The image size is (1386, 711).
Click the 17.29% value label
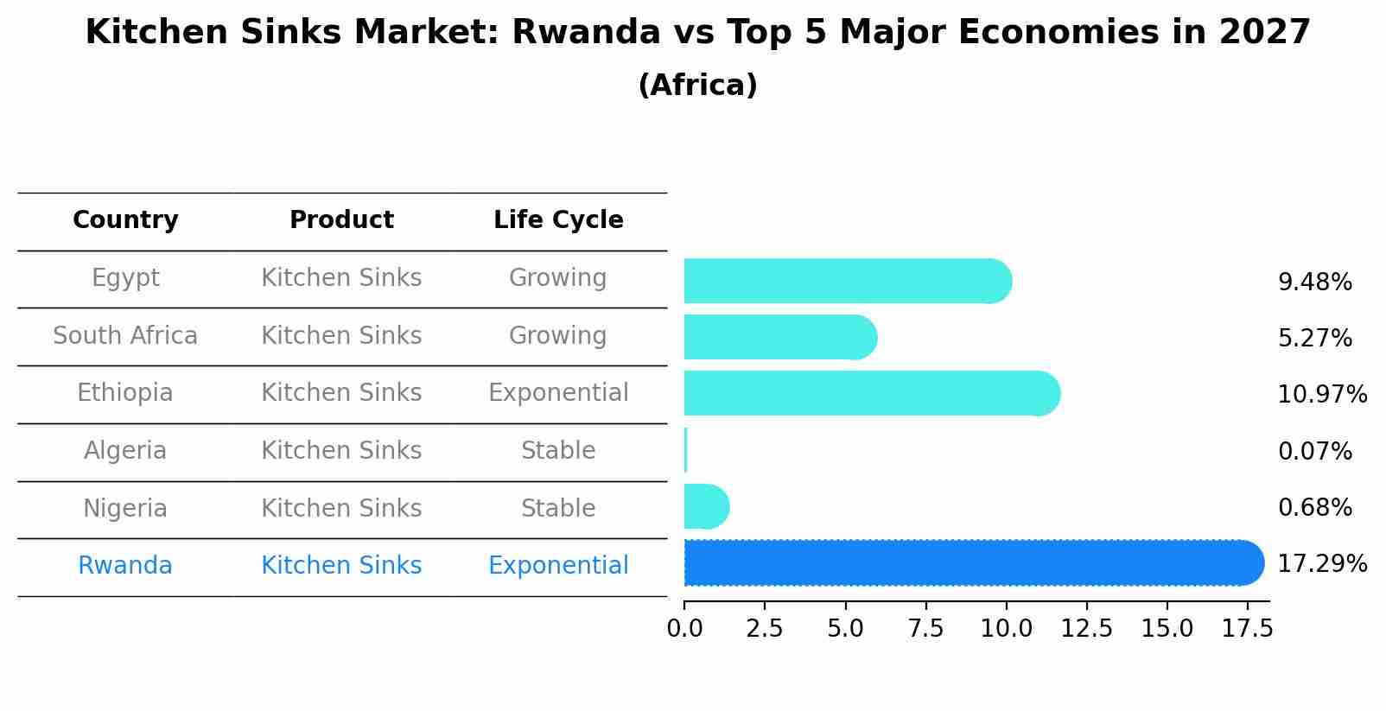1322,564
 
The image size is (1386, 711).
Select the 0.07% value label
1314,451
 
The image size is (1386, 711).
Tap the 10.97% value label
1322,395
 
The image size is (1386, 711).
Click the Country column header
125,220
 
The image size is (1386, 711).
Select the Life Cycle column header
558,220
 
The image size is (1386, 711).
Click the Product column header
341,220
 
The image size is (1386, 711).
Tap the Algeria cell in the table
125,451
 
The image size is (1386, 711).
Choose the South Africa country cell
125,336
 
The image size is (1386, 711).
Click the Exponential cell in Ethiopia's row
558,393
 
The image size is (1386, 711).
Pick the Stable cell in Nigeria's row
558,509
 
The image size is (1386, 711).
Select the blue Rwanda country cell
125,566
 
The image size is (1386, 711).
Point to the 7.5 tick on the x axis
925,628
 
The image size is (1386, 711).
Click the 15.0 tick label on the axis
1167,628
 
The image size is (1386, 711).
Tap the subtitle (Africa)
697,86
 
